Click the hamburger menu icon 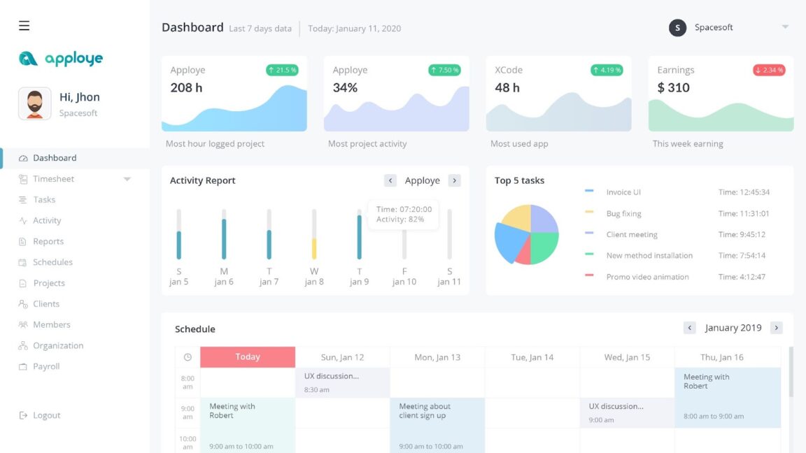[24, 26]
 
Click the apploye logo [61, 59]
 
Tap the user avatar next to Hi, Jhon [34, 104]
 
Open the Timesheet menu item [53, 179]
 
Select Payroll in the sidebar [46, 366]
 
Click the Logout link [46, 415]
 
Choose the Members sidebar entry [51, 324]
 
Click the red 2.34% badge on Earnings [769, 70]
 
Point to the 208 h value [186, 87]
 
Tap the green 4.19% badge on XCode [607, 70]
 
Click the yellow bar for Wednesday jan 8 [314, 248]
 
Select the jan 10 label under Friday [404, 282]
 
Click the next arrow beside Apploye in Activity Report [454, 180]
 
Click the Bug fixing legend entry [623, 213]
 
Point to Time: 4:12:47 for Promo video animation [742, 277]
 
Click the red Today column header [248, 357]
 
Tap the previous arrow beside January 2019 [690, 328]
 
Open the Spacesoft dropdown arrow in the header [785, 27]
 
